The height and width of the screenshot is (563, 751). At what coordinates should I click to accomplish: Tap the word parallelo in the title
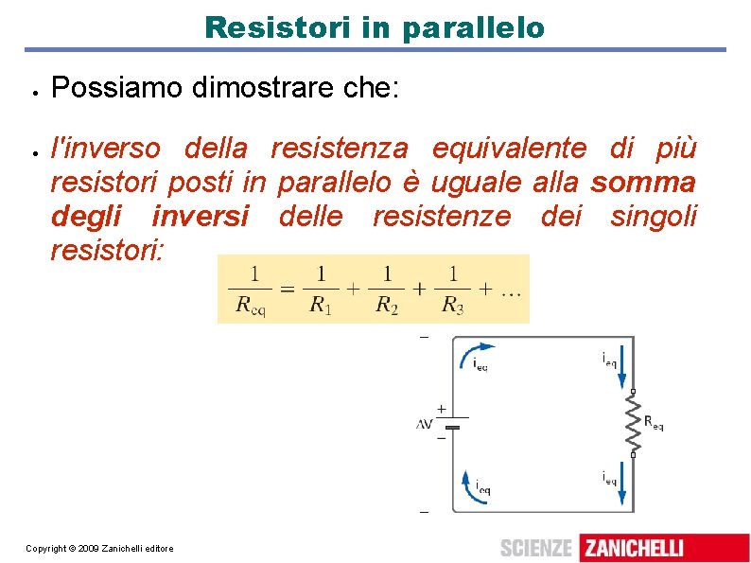(x=472, y=27)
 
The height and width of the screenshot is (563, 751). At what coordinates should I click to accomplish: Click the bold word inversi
(x=200, y=216)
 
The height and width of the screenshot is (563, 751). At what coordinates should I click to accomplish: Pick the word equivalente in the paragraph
(x=509, y=148)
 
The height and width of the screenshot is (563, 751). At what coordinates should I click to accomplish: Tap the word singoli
(x=654, y=216)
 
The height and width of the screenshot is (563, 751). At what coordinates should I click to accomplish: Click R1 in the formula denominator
(x=322, y=305)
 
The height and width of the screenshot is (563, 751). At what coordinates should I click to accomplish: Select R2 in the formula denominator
(x=386, y=305)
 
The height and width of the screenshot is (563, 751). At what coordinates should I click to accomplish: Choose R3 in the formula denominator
(x=452, y=305)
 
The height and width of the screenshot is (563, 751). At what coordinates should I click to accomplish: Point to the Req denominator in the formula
(x=253, y=305)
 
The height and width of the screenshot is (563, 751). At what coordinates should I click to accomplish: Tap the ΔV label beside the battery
(x=424, y=424)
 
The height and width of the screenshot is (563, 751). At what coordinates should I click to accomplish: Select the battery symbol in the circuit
(x=453, y=423)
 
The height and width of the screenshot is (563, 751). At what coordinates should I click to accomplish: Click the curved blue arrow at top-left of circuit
(x=471, y=353)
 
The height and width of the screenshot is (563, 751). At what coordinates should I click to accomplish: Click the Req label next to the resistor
(x=653, y=423)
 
